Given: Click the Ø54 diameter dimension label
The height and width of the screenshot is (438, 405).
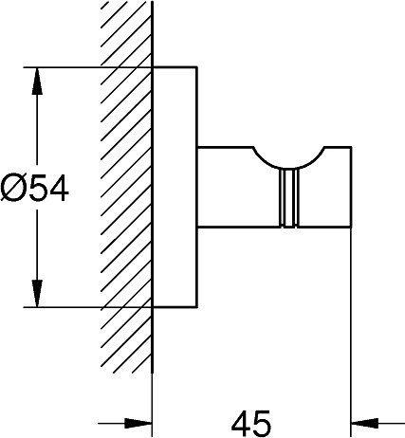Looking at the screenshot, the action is tap(34, 189).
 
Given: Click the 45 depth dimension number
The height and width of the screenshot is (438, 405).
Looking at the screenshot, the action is tap(251, 423).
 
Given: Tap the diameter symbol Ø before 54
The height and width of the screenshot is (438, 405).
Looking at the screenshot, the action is tap(12, 189).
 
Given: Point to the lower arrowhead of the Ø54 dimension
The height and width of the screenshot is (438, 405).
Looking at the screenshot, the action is tap(37, 293).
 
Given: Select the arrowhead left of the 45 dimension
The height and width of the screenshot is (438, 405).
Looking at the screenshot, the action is tap(138, 423).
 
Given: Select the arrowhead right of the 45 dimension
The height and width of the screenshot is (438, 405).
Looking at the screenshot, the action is tap(365, 423).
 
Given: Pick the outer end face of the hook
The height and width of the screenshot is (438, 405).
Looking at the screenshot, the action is tap(350, 187).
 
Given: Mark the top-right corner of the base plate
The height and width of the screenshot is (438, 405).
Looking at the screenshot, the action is tap(197, 67).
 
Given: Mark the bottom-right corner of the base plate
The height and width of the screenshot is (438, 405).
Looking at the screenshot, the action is tap(197, 307).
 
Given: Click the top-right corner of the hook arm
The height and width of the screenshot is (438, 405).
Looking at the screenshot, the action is tap(351, 147).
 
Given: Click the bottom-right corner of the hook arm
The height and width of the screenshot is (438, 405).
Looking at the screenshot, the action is tap(351, 227).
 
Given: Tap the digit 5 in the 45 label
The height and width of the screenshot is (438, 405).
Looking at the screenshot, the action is tap(262, 423).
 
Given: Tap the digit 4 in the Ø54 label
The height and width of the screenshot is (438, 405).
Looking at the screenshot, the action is tap(58, 189).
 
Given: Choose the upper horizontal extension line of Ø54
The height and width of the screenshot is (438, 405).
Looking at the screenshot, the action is tap(88, 67).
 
